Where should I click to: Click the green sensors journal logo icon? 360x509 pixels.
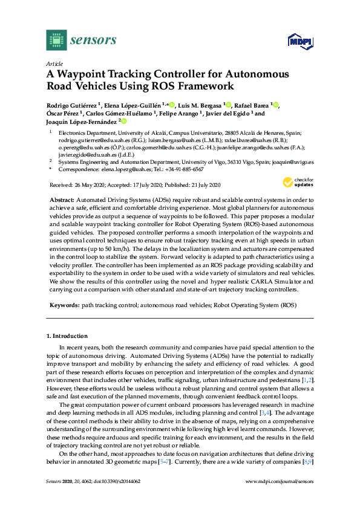(x=56, y=40)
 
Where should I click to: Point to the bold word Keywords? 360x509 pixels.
(x=64, y=306)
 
